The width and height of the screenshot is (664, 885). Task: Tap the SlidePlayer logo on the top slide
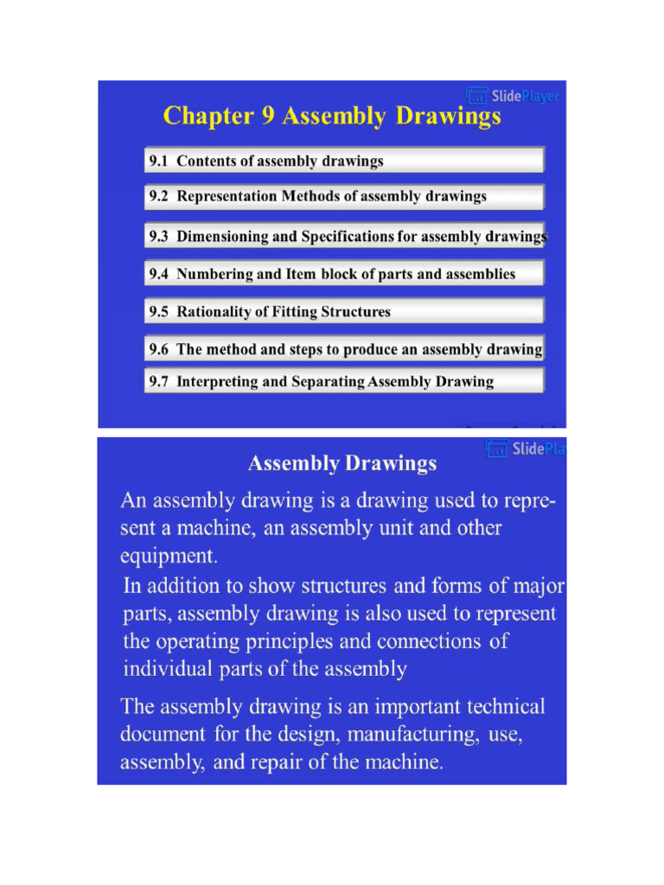(513, 96)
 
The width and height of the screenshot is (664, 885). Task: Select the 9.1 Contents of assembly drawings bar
(343, 161)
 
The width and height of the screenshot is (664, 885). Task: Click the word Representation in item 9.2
(227, 196)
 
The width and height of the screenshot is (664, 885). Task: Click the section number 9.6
(158, 350)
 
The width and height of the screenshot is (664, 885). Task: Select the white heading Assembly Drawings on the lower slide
(342, 464)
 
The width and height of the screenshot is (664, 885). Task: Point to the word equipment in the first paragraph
(169, 556)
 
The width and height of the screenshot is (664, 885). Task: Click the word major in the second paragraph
(538, 586)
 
